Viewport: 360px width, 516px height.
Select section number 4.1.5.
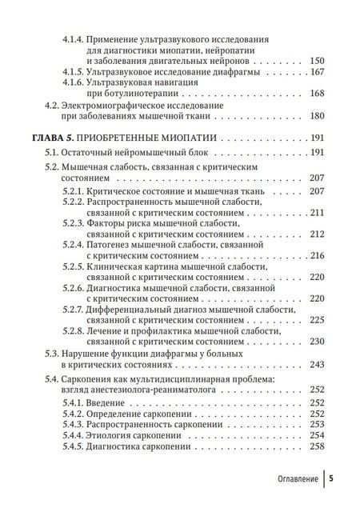79,74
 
